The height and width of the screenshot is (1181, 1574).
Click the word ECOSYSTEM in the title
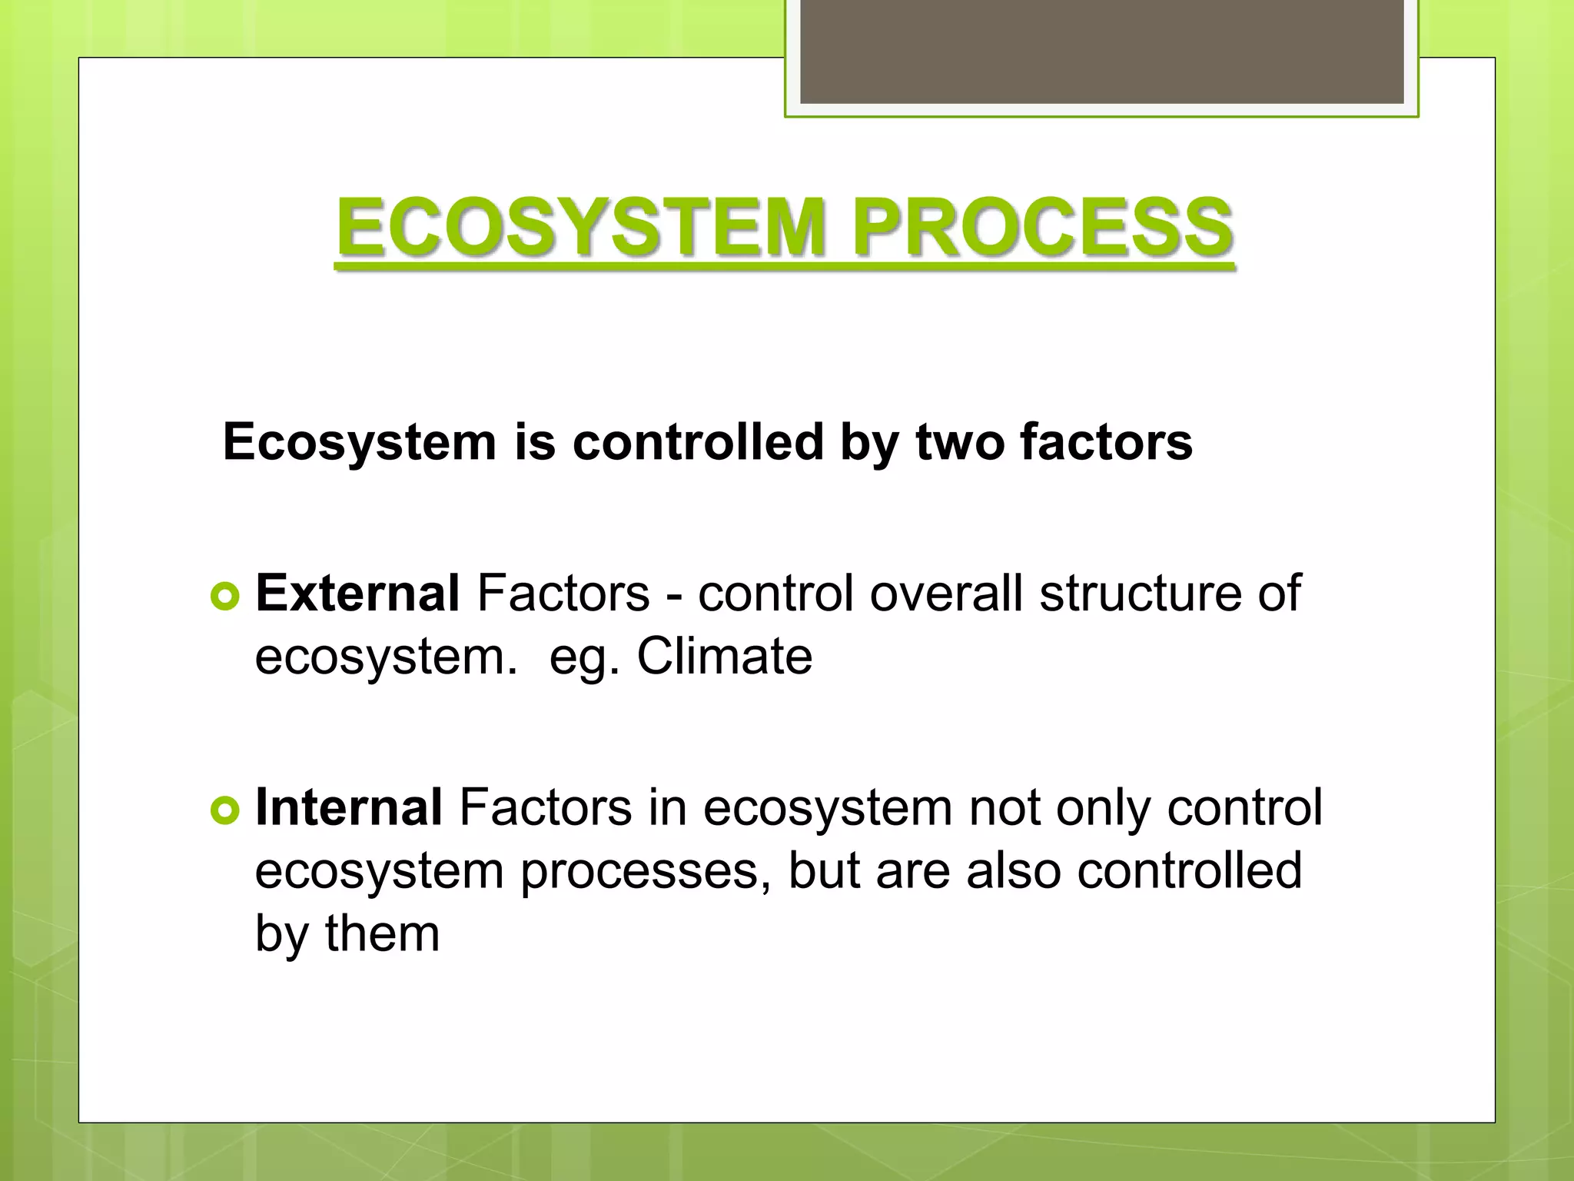tap(581, 228)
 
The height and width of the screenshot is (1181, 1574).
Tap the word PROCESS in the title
tap(1043, 228)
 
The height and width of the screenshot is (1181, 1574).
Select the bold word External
tap(357, 594)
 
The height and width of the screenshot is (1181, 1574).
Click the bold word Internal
tap(348, 807)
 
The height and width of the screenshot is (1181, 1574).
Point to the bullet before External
tap(224, 597)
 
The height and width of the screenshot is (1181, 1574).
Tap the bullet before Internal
tap(224, 810)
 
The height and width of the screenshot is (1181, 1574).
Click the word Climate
tap(724, 657)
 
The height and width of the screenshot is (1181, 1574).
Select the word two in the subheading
tap(959, 443)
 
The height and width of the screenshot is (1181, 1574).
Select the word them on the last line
tap(382, 933)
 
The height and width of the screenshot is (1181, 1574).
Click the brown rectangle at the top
tap(1101, 51)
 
